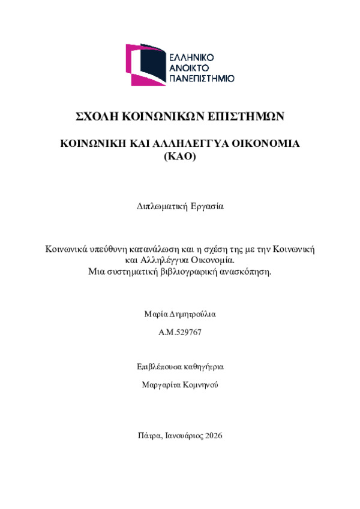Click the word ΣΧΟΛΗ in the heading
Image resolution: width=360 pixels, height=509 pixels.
click(95, 116)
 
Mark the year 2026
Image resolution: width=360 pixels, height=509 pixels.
click(213, 436)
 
